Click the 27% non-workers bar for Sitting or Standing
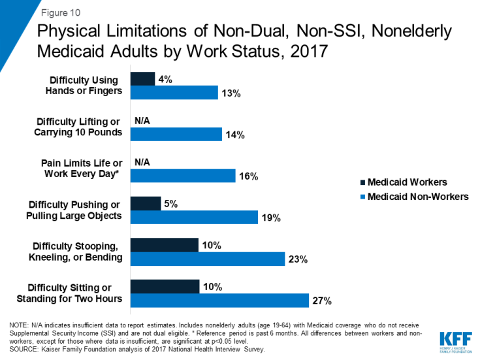click(219, 301)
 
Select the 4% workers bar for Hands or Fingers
click(142, 79)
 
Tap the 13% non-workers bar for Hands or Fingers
click(174, 92)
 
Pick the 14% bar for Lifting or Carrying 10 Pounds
click(176, 134)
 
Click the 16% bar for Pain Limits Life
click(182, 176)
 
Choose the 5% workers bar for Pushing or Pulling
click(145, 204)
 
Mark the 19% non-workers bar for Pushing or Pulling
click(194, 217)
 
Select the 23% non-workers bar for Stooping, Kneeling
click(208, 259)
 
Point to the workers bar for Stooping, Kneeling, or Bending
click(165, 245)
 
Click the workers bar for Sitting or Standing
click(165, 287)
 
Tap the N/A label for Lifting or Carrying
click(143, 121)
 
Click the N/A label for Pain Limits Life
click(143, 163)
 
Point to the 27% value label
click(323, 301)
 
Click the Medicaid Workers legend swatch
click(362, 182)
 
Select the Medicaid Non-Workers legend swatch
click(362, 197)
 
